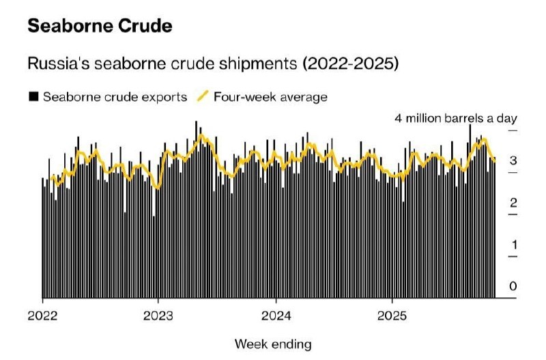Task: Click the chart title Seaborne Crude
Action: tap(100, 27)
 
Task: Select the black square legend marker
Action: tap(33, 96)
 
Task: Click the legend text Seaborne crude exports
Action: tap(115, 96)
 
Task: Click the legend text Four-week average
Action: tap(270, 96)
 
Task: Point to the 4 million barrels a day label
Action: tap(455, 118)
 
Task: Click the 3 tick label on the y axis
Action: tap(513, 161)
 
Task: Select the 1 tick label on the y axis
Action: tap(513, 245)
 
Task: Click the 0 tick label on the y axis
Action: tap(513, 287)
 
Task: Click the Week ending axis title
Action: tap(273, 343)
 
